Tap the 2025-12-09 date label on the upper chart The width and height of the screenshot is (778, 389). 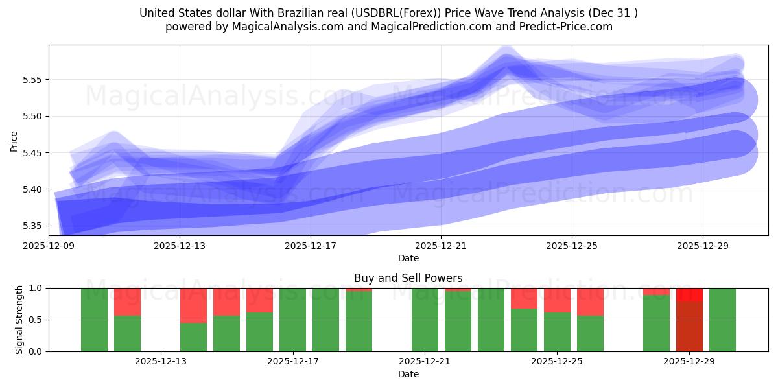pos(49,246)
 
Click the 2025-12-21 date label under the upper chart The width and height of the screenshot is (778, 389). pos(441,246)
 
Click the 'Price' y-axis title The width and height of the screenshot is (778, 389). pos(14,140)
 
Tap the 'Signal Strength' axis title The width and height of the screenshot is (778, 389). pos(19,320)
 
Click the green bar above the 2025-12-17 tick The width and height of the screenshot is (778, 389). pos(292,320)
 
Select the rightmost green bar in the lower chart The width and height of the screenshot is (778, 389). pos(722,320)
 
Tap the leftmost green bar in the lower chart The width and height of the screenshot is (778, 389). pos(94,320)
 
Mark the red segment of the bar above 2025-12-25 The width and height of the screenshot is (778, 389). pos(557,300)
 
